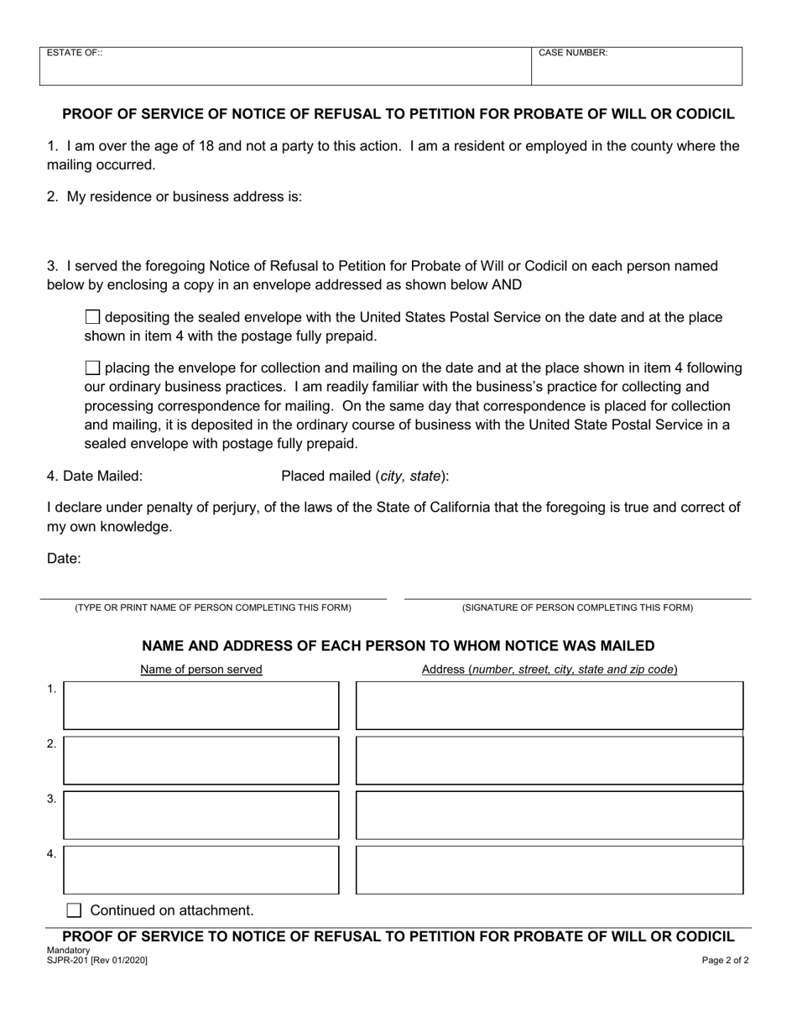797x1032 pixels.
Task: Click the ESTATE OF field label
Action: tap(75, 53)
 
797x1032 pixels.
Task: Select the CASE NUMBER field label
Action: tap(573, 53)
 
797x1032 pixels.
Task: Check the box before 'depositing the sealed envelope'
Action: tap(93, 317)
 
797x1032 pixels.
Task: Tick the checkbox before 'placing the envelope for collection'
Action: tap(93, 367)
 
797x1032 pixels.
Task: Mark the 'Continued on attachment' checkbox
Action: tap(74, 910)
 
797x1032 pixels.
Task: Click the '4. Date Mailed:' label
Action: tap(95, 477)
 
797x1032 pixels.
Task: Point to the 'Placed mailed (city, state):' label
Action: tap(365, 477)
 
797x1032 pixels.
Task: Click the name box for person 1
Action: tap(201, 705)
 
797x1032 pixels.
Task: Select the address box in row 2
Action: tap(550, 760)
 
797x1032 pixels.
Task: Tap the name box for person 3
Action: tap(201, 815)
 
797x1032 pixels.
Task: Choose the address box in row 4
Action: tap(550, 870)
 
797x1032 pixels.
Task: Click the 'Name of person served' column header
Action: tap(201, 670)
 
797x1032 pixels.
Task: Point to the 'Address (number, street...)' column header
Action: tap(550, 670)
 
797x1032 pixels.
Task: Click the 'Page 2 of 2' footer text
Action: tap(726, 961)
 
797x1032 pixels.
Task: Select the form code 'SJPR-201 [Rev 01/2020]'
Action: tap(97, 960)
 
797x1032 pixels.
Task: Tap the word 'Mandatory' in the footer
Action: tap(69, 951)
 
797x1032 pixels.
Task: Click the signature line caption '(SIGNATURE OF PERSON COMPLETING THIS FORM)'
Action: tap(577, 607)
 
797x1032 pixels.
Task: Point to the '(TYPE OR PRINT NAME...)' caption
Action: tap(213, 607)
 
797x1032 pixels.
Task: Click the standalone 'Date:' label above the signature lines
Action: tap(64, 559)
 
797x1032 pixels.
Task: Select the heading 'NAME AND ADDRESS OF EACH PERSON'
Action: tap(398, 646)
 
